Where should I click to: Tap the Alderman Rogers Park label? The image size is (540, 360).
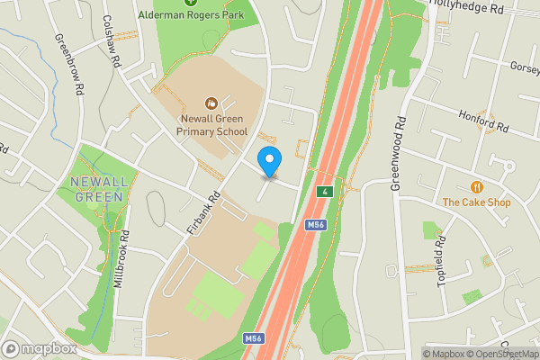pos(190,15)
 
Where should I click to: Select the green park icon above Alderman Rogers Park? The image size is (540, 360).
pos(190,3)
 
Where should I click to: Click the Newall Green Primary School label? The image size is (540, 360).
pos(211,124)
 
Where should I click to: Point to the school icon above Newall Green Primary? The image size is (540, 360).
pos(211,103)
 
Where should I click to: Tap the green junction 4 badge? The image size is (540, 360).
pos(323,192)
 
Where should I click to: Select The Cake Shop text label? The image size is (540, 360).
pos(476,202)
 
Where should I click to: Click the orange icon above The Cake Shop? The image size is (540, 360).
pos(476,186)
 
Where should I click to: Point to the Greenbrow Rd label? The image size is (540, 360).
pos(68,66)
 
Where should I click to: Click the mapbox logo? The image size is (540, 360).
pos(40,348)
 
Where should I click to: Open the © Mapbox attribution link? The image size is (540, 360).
pos(447,354)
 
